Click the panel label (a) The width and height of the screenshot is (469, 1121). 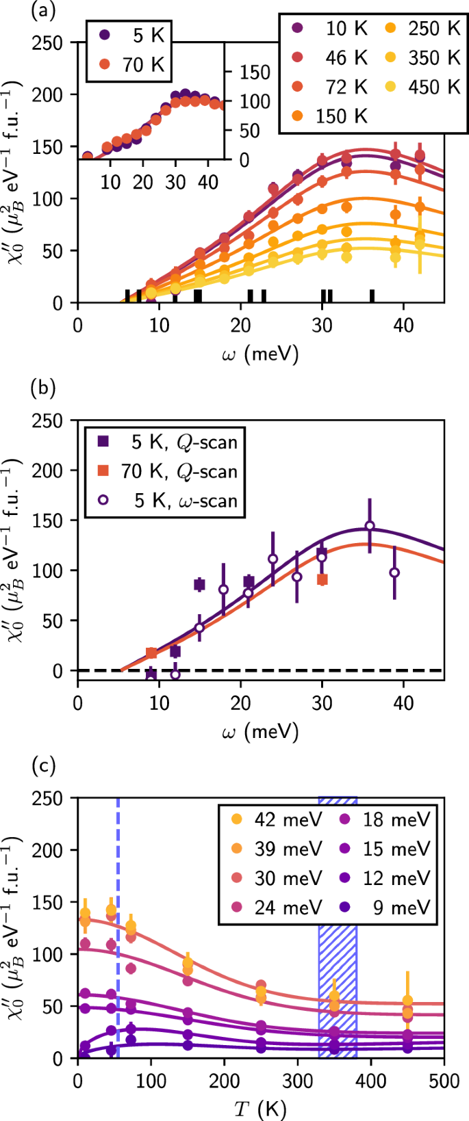click(42, 10)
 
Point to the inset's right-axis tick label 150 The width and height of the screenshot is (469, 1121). click(255, 72)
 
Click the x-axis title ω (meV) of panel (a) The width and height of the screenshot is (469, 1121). click(260, 354)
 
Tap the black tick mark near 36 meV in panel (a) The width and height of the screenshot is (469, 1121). click(372, 295)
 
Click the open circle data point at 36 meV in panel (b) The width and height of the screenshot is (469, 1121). click(370, 526)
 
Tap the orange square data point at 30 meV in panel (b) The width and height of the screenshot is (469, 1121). click(322, 579)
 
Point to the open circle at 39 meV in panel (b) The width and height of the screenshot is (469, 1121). click(394, 573)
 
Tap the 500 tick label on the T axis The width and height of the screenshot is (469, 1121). click(444, 1081)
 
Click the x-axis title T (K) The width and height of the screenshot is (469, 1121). click(260, 1108)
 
